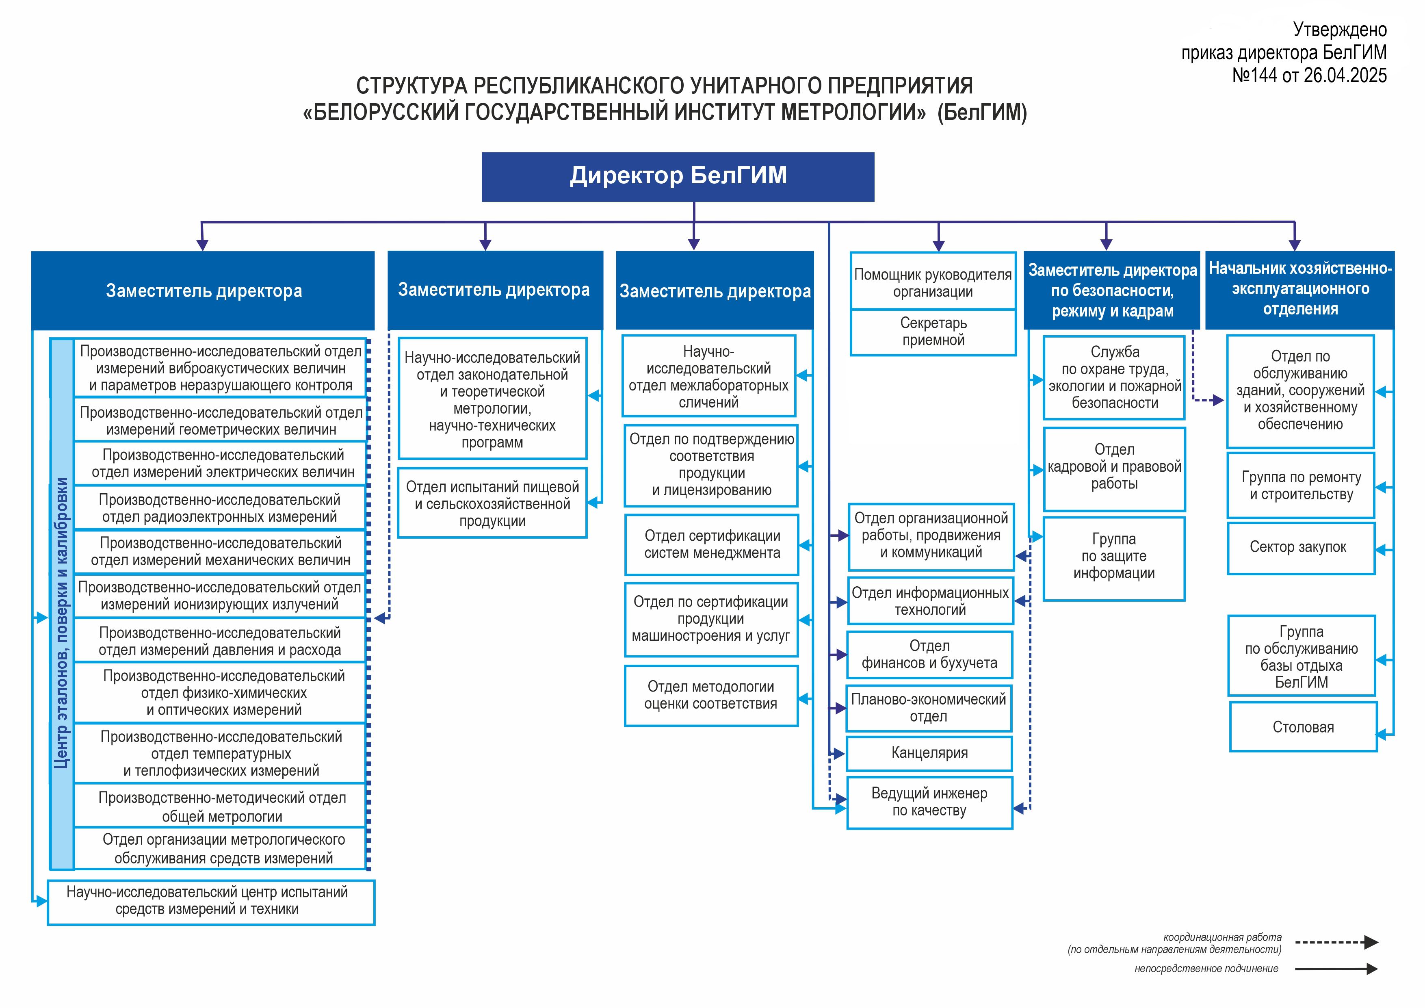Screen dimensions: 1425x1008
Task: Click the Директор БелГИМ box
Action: tap(678, 177)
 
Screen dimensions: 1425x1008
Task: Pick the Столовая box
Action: tap(1303, 727)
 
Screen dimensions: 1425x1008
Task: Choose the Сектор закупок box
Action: tap(1301, 548)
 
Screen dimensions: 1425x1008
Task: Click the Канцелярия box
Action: tap(929, 753)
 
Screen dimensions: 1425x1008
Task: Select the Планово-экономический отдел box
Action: tap(929, 708)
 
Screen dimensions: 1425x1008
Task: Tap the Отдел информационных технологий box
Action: tap(930, 601)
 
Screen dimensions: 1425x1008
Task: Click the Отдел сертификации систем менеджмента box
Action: tap(712, 544)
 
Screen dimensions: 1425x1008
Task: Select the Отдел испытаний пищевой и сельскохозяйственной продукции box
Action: tap(492, 503)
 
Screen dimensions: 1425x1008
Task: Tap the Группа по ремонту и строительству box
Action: tap(1301, 486)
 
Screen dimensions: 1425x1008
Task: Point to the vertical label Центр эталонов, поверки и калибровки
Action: tap(61, 622)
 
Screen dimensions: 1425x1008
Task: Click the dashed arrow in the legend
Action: tap(1337, 942)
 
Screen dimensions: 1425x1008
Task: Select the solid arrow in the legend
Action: tap(1337, 968)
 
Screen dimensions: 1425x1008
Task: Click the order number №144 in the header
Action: tap(1255, 76)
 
